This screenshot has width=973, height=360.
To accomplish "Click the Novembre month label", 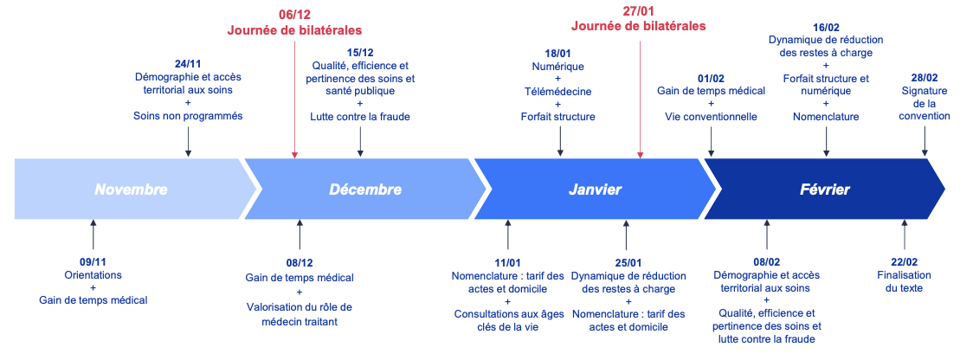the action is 131,190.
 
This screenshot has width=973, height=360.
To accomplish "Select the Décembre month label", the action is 365,190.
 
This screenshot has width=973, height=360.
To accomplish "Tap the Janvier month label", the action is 595,190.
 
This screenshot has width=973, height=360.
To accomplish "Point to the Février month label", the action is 825,190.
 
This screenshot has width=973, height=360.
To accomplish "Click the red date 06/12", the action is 294,16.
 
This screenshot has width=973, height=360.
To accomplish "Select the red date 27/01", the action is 639,11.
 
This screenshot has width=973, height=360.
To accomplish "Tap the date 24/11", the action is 188,64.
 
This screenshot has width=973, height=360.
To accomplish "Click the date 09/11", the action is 93,262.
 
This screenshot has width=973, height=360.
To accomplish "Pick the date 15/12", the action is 360,52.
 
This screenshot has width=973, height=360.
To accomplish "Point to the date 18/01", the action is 557,54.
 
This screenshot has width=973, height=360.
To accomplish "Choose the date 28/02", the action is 925,78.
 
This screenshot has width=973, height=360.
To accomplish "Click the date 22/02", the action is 904,262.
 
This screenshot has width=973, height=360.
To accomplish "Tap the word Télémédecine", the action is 557,91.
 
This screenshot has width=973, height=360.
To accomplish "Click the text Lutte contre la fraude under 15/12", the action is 360,117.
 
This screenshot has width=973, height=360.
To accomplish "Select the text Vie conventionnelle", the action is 711,117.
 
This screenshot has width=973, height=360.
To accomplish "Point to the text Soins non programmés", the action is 188,117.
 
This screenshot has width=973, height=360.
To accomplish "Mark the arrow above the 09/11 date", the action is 93,234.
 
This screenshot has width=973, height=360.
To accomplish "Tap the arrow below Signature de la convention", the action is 925,142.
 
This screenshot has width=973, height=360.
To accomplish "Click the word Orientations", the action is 93,275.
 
